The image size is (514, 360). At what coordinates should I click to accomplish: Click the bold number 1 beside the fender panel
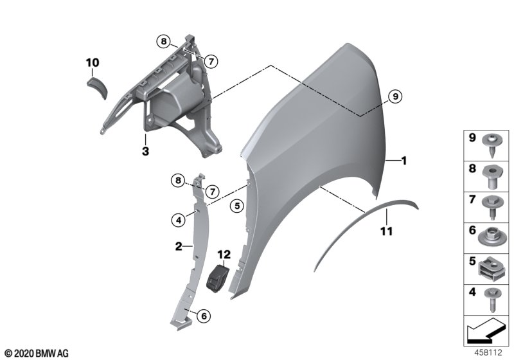pyautogui.click(x=404, y=161)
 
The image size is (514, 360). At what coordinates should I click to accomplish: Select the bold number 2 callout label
pyautogui.click(x=179, y=246)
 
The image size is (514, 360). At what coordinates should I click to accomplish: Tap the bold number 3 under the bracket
pyautogui.click(x=145, y=151)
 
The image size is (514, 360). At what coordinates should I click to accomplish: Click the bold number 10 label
pyautogui.click(x=93, y=62)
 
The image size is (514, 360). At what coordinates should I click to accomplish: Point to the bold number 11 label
pyautogui.click(x=386, y=231)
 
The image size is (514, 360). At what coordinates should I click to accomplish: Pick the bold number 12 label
pyautogui.click(x=224, y=254)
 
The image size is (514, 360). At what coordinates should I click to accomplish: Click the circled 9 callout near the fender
pyautogui.click(x=395, y=96)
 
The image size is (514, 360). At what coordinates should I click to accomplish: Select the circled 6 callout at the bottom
pyautogui.click(x=204, y=316)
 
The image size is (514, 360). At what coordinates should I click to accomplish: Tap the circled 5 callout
pyautogui.click(x=236, y=206)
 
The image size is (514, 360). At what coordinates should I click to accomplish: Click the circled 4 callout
pyautogui.click(x=179, y=221)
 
